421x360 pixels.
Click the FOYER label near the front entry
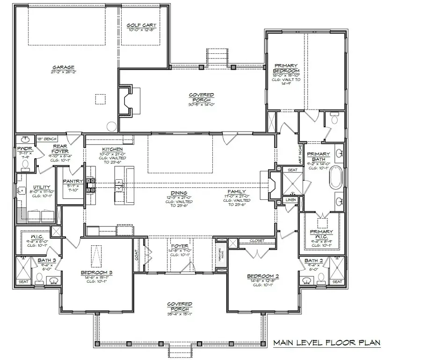pos(179,245)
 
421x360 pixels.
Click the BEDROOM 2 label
pos(263,276)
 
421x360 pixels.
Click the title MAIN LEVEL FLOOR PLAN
pos(327,343)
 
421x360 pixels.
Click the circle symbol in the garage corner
pos(111,125)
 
